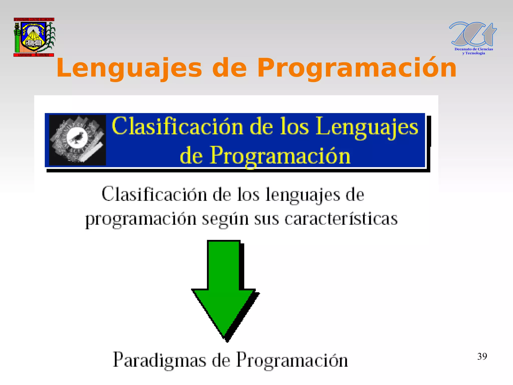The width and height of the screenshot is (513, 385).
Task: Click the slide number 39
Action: point(482,356)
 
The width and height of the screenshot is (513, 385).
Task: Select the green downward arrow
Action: point(224,288)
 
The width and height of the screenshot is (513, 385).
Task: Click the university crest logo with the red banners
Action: point(34,37)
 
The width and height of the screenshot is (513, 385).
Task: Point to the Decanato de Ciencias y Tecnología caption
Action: point(473,51)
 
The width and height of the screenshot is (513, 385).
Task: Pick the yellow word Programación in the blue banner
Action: point(280,156)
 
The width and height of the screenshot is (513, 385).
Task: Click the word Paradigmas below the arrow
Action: point(160,360)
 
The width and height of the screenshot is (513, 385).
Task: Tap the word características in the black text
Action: point(341,219)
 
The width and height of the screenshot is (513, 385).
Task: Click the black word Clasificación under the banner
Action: point(154,194)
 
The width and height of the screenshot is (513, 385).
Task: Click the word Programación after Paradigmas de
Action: point(292,360)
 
